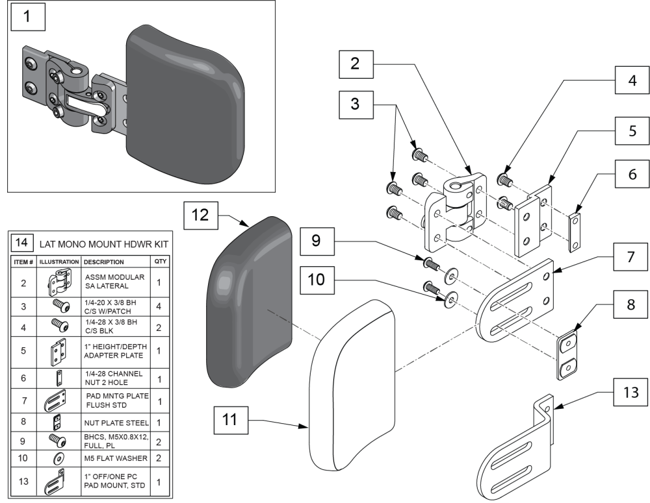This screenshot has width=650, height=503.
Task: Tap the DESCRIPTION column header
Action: pos(104,262)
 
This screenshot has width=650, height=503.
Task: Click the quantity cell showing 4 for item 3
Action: pos(160,306)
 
